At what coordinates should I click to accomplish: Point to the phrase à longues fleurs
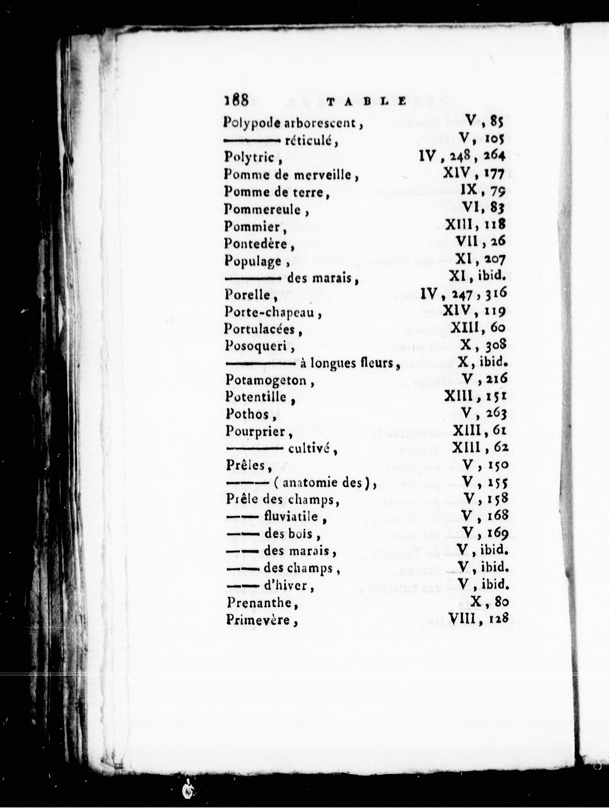350,363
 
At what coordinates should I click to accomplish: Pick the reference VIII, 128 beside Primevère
478,619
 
